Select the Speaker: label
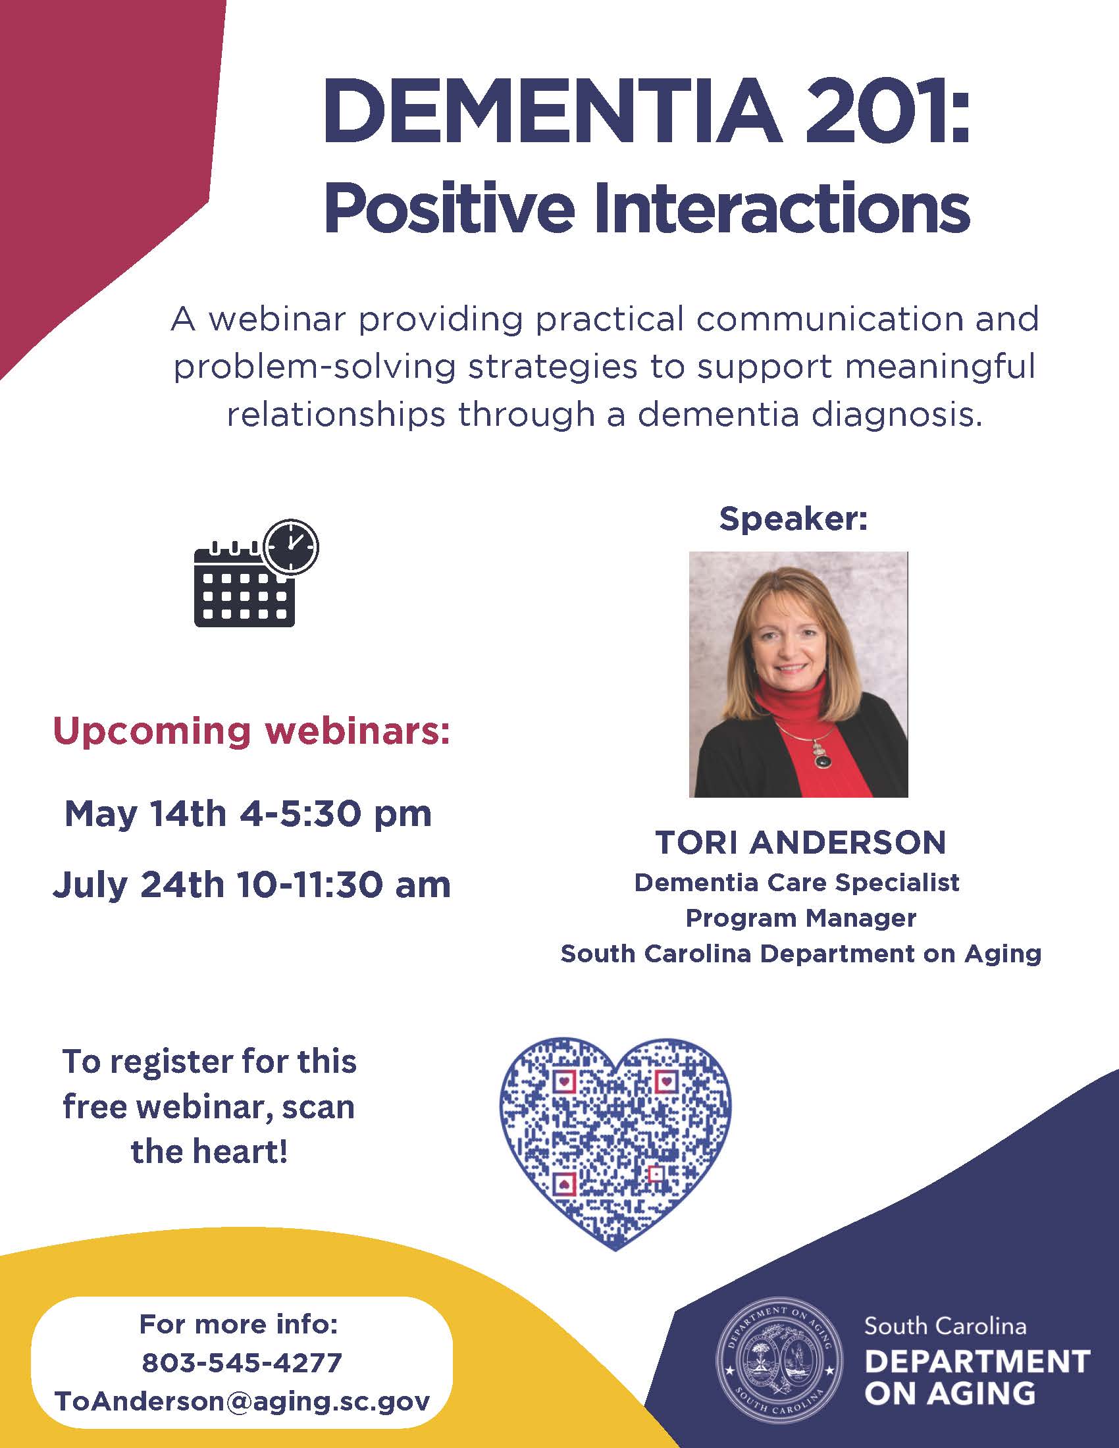[793, 519]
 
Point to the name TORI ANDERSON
[801, 842]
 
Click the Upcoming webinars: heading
[251, 731]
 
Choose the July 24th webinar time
[251, 884]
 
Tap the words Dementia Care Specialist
[797, 883]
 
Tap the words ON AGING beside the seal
[949, 1393]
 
